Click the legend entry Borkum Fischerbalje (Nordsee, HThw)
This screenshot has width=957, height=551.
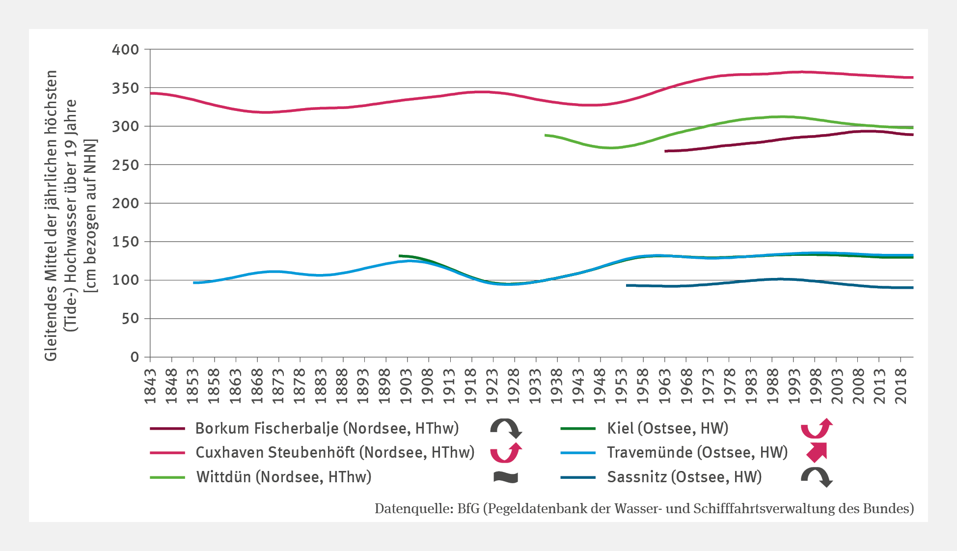(327, 428)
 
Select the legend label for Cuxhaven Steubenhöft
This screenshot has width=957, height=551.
(335, 452)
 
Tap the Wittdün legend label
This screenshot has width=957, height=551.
(284, 477)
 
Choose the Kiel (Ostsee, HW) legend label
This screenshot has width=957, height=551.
(667, 428)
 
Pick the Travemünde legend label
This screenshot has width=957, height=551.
(697, 452)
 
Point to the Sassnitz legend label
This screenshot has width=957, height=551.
(684, 477)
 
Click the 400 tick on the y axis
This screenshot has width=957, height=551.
(126, 50)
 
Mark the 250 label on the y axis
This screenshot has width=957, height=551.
(126, 165)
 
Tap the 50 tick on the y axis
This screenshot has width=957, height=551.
(130, 319)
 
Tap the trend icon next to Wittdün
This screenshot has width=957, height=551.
(506, 477)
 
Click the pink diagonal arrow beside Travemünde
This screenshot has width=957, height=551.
(817, 452)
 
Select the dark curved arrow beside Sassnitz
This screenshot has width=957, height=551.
(817, 477)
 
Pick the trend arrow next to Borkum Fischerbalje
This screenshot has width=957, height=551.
(506, 428)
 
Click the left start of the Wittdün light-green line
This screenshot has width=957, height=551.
(546, 135)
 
